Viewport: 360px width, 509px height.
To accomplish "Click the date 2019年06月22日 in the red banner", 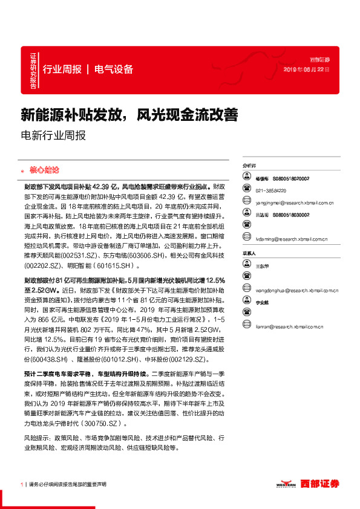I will click(x=307, y=70).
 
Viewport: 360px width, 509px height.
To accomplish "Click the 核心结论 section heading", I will click(x=46, y=171).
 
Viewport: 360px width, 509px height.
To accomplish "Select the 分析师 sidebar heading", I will click(x=249, y=164).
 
